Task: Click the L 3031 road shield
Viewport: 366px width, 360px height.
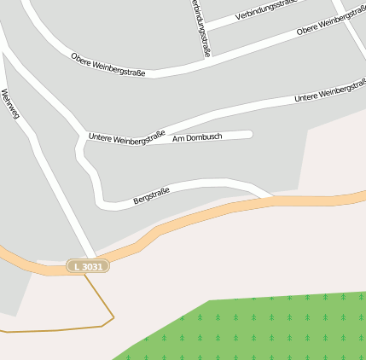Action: (88, 267)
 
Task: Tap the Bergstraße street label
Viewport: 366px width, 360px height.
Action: (151, 195)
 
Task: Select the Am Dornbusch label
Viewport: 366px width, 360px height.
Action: (197, 136)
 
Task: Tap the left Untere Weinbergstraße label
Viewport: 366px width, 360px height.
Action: (126, 136)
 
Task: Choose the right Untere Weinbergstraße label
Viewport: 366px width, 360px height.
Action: (330, 91)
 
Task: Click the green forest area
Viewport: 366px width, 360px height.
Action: (256, 328)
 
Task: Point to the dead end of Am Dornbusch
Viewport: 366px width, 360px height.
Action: (250, 133)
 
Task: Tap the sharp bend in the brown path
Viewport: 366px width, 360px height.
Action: (113, 317)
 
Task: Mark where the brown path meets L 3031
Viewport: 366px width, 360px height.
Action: (84, 274)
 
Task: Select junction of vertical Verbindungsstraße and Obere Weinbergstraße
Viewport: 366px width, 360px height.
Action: (210, 61)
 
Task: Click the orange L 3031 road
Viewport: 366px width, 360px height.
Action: (188, 220)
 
